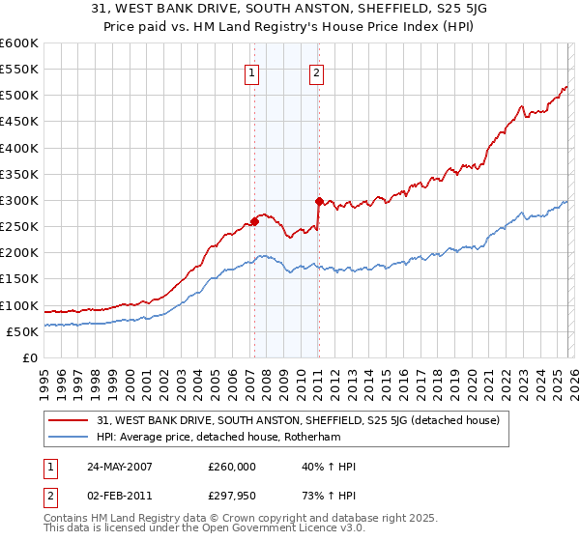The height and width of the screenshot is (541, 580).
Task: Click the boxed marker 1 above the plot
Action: pyautogui.click(x=252, y=71)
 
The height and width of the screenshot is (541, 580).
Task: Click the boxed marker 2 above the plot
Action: pyautogui.click(x=317, y=71)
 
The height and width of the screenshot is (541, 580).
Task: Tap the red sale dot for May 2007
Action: pyautogui.click(x=254, y=221)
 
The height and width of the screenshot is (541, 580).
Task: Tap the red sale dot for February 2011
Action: pyautogui.click(x=318, y=201)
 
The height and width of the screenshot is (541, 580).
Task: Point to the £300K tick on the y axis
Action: pyautogui.click(x=19, y=201)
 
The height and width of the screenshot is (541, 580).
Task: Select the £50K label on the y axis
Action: pyautogui.click(x=23, y=331)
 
